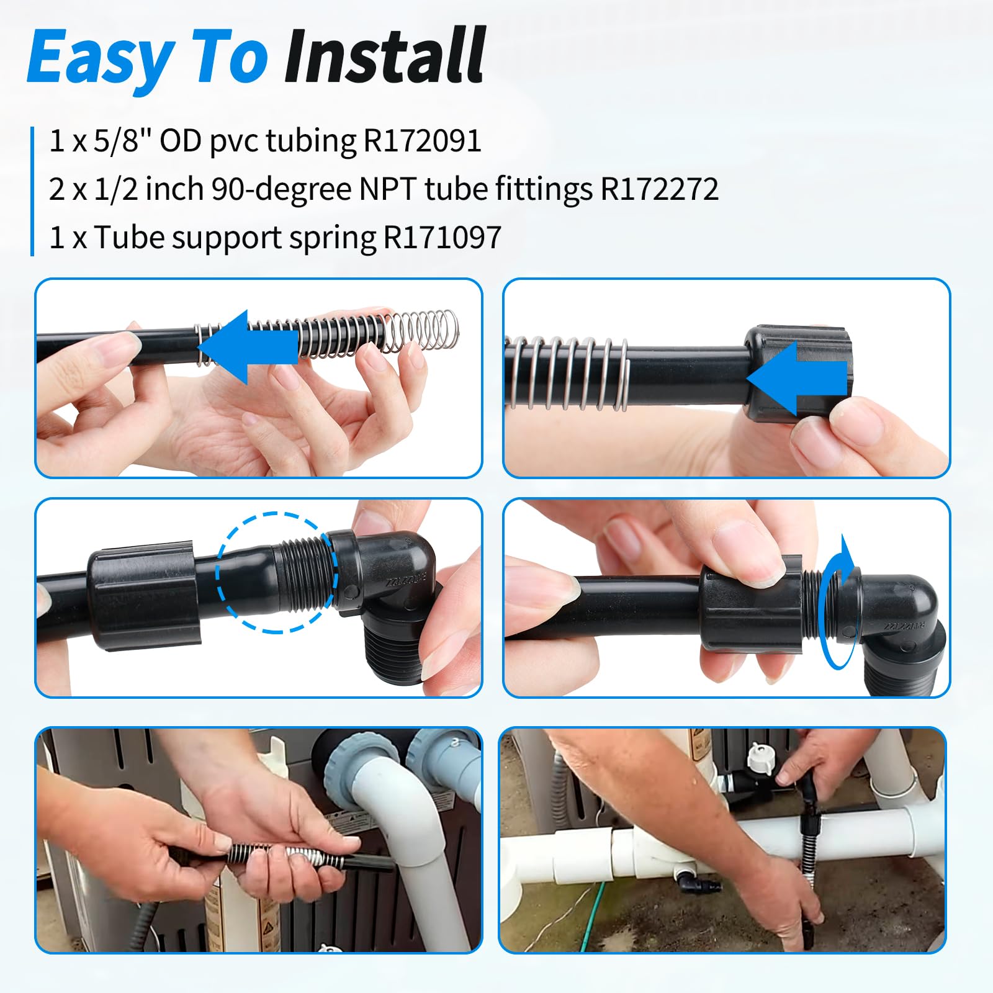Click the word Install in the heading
tap(384, 56)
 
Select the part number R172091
tap(422, 140)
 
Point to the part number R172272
tap(659, 189)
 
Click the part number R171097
tap(442, 237)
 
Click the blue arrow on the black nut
tap(797, 379)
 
